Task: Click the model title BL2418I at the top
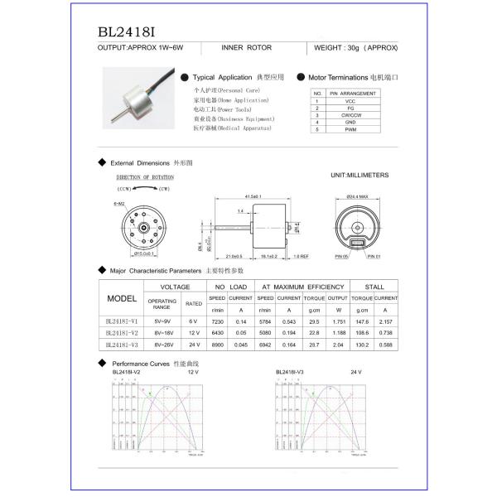tap(127, 32)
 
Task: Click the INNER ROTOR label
tap(248, 48)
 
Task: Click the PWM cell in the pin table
tap(350, 130)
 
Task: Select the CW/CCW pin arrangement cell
tap(350, 115)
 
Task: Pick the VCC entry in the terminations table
tap(350, 100)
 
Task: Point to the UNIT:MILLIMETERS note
tap(359, 176)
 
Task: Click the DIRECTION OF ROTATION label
tap(145, 177)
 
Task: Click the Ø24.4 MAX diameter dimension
tap(357, 196)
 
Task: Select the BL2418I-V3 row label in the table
tap(123, 344)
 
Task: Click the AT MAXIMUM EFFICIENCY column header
tap(302, 285)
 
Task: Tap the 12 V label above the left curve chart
tap(193, 372)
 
